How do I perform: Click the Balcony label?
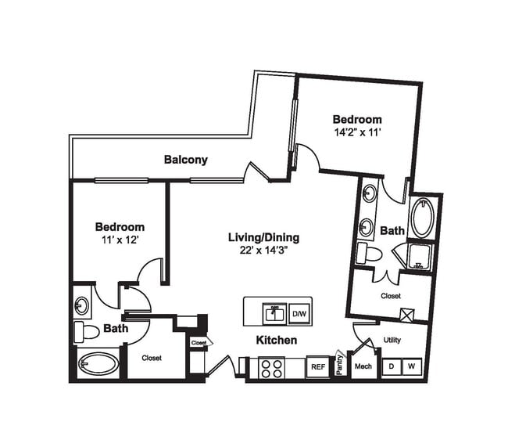point(185,160)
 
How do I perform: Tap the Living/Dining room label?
point(263,237)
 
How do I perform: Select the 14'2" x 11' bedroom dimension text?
point(356,132)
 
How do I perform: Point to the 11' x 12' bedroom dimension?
point(120,240)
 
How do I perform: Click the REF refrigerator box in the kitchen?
point(317,366)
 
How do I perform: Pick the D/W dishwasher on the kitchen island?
point(299,313)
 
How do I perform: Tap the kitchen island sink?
point(274,313)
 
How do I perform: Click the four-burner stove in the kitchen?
point(271,368)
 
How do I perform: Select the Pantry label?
point(340,364)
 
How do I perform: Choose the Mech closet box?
point(363,366)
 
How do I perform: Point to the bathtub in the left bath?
point(98,364)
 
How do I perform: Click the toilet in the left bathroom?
point(86,331)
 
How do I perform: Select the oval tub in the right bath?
point(421,218)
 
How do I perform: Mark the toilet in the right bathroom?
point(367,253)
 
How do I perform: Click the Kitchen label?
point(277,341)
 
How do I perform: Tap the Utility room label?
point(392,341)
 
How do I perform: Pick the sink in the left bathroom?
point(82,305)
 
